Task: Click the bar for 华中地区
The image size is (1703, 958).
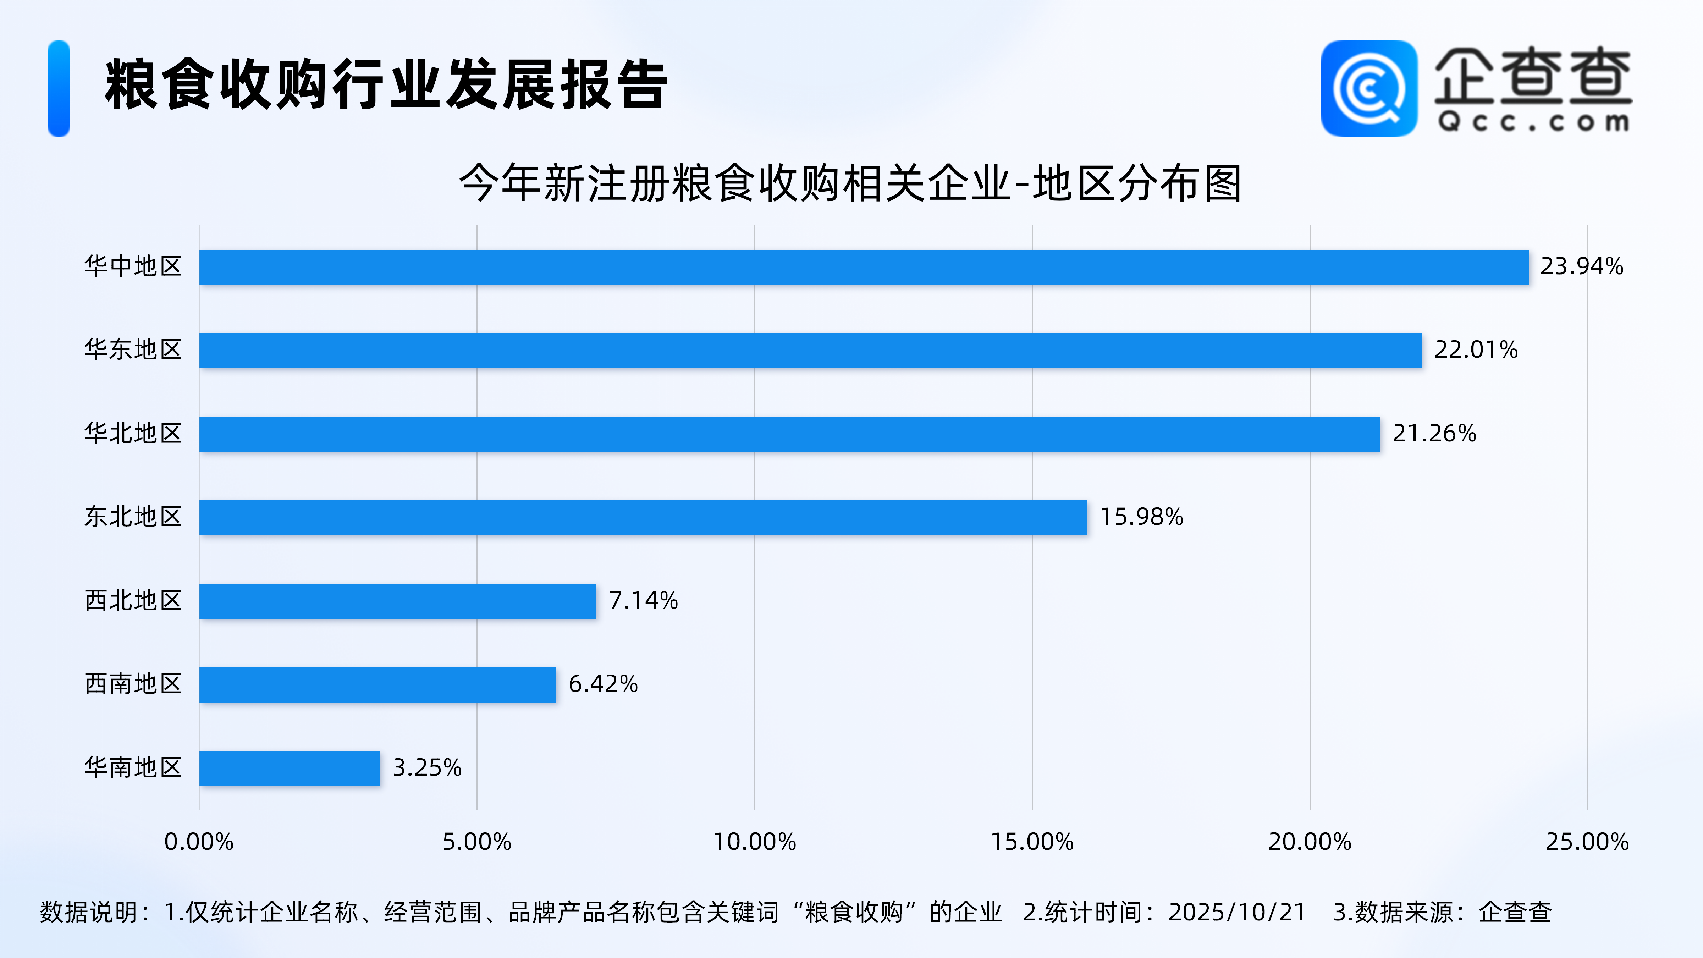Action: [x=864, y=267]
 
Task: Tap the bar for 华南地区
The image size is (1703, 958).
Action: [x=290, y=768]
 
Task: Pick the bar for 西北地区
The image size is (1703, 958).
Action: [x=397, y=601]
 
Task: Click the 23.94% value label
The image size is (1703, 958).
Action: [x=1581, y=266]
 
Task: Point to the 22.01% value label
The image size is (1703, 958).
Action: [x=1476, y=350]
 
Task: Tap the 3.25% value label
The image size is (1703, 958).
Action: [x=427, y=767]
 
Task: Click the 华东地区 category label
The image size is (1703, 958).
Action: [x=133, y=350]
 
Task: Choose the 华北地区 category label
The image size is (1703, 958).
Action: [x=133, y=434]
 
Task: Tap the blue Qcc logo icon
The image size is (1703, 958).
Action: [x=1368, y=89]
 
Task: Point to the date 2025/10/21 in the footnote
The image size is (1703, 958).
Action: [x=1236, y=912]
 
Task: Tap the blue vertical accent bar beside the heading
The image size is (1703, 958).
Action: [x=59, y=89]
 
